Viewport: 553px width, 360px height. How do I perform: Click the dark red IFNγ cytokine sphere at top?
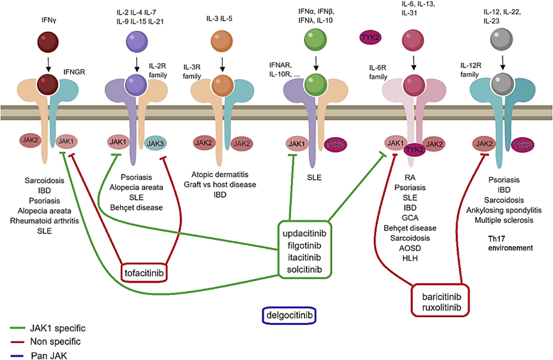[48, 44]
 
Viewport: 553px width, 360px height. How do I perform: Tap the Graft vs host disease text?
[223, 184]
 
